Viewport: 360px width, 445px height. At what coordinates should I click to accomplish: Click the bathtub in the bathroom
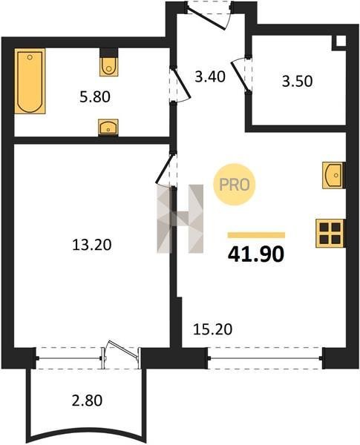[30, 81]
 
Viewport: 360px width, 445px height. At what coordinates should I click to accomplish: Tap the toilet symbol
[108, 62]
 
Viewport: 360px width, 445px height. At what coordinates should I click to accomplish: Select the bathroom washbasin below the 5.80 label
[108, 127]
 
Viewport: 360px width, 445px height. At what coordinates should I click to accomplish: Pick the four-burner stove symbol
[330, 234]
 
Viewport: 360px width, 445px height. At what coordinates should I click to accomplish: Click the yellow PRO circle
[235, 185]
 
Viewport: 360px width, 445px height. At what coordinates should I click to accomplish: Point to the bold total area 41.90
[256, 254]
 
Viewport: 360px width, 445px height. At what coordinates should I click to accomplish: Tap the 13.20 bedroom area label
[92, 245]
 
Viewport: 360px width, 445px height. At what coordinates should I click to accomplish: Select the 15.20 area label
[212, 329]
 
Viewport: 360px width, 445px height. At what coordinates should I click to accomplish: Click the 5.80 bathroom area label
[94, 96]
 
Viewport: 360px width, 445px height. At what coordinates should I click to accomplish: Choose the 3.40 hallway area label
[210, 76]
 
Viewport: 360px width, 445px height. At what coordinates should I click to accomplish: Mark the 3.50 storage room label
[297, 81]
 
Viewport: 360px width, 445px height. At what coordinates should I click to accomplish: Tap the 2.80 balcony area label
[87, 400]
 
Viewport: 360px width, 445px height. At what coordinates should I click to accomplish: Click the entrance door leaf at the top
[207, 18]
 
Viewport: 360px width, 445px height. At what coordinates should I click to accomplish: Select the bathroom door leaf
[180, 82]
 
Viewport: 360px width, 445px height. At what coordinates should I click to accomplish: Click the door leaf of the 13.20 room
[164, 168]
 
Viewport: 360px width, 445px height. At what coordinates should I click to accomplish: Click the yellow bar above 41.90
[256, 235]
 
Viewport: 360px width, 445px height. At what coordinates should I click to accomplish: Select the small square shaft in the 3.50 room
[341, 41]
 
